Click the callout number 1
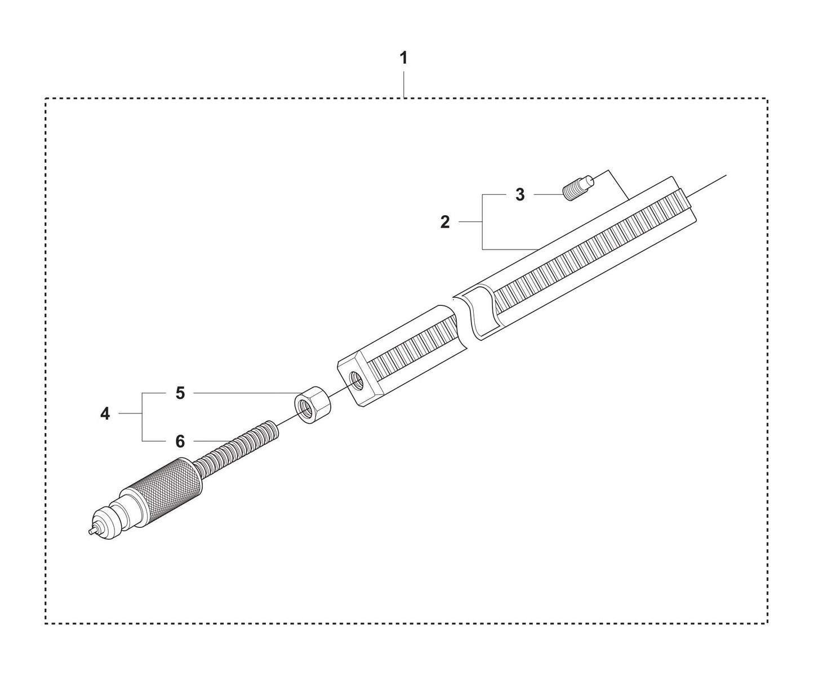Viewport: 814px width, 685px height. [403, 58]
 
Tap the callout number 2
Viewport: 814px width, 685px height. [445, 223]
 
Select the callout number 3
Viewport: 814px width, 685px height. [520, 195]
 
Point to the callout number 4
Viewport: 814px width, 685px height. [105, 414]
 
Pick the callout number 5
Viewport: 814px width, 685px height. [180, 393]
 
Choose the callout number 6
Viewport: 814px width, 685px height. [180, 442]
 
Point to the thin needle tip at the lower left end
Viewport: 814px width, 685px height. [91, 531]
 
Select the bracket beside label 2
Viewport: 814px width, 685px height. [483, 223]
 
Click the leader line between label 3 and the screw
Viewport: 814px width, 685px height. [548, 194]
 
